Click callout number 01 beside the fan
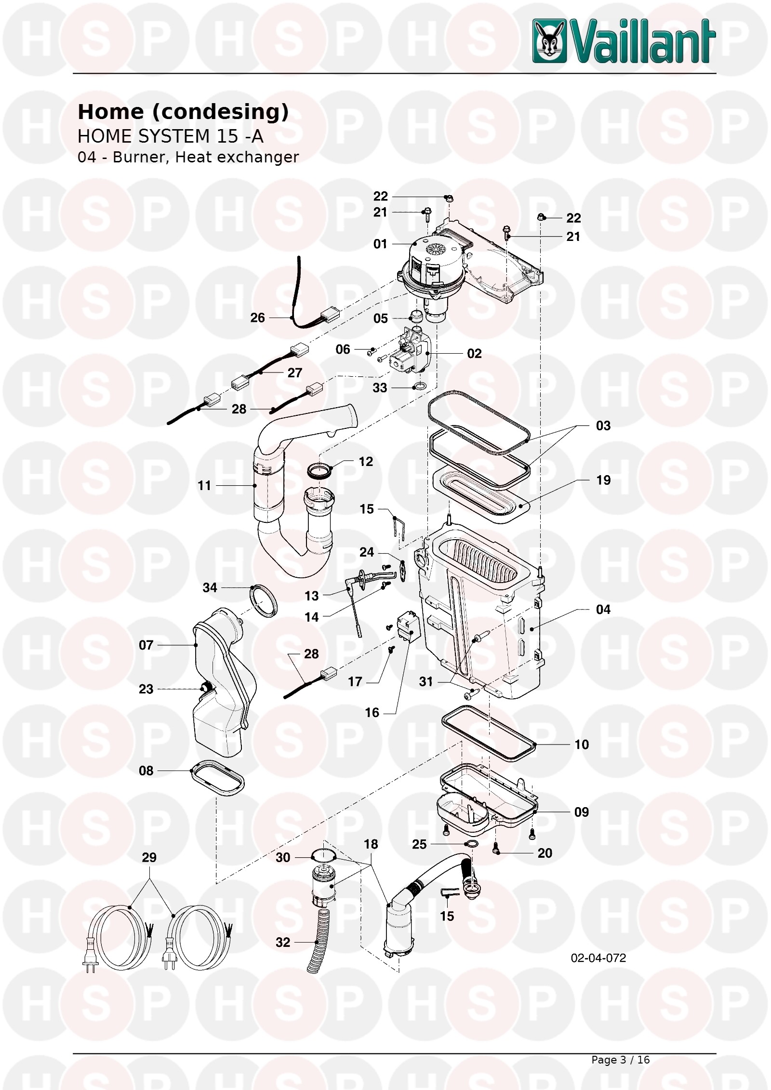coord(380,244)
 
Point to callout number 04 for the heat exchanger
coord(603,610)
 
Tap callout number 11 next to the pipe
coord(204,486)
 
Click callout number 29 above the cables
coord(149,857)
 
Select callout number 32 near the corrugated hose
coord(283,942)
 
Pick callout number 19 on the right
coord(603,480)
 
